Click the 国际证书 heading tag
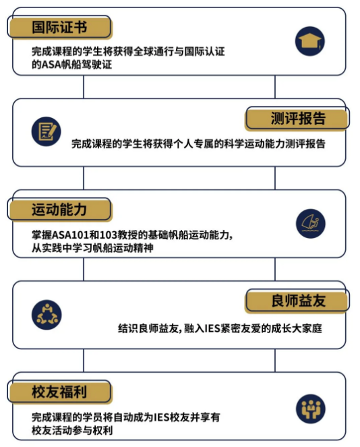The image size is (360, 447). [x=59, y=27]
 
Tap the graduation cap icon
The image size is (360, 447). [x=310, y=41]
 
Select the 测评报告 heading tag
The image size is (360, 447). [x=297, y=118]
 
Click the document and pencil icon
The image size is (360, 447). [x=46, y=131]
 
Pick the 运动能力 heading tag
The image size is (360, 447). [x=59, y=210]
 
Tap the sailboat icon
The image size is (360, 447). [x=310, y=224]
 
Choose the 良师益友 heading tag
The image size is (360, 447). [x=297, y=301]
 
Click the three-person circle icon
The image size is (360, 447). [x=47, y=315]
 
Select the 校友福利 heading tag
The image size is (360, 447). [x=59, y=392]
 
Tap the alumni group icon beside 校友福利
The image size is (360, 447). [x=310, y=409]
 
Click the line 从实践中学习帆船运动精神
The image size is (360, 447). [x=92, y=247]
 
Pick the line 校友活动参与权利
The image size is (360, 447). [x=72, y=430]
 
